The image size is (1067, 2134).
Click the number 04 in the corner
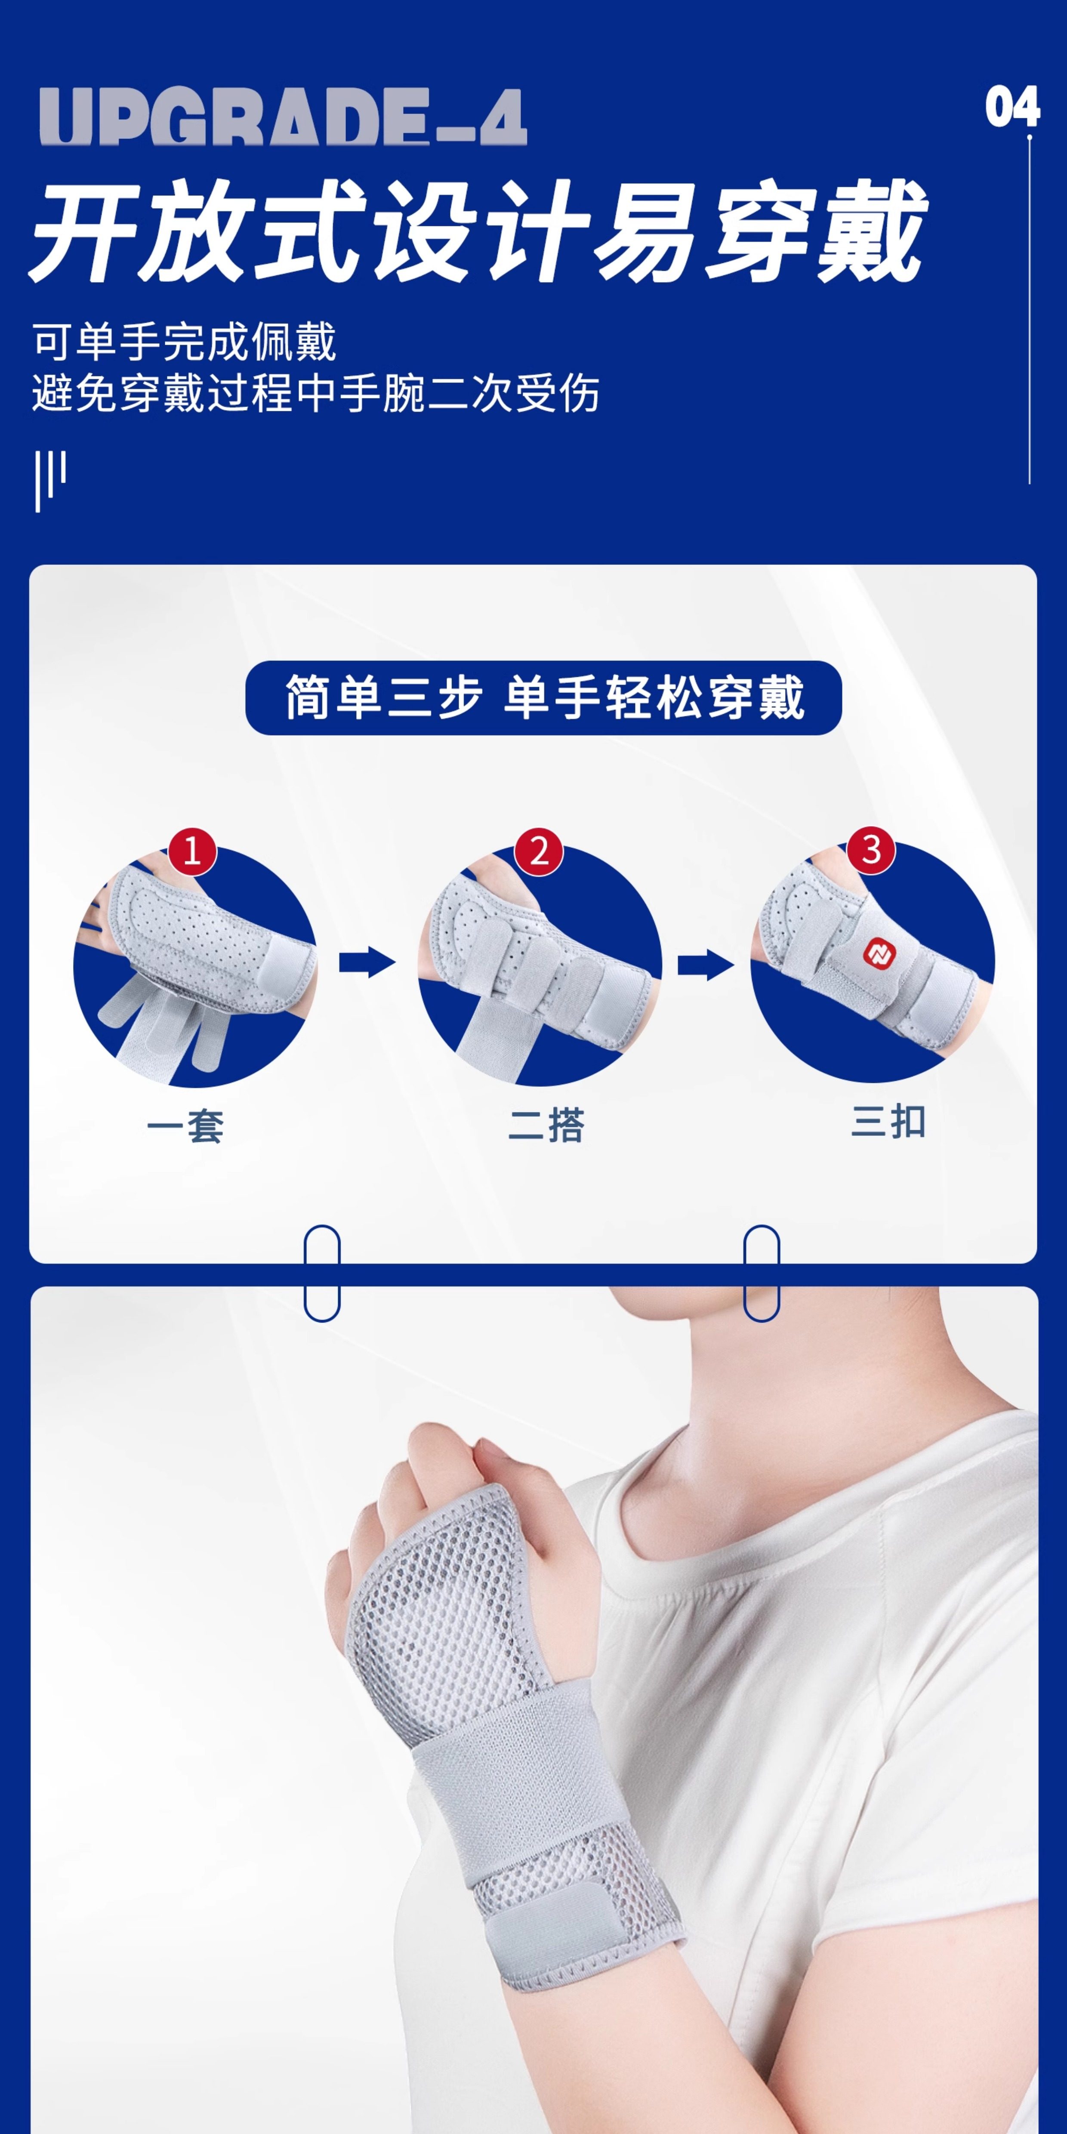[1011, 108]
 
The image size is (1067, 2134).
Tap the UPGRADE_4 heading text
[283, 117]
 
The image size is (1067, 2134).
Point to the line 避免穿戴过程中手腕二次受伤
[316, 393]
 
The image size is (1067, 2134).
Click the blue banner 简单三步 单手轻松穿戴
[543, 697]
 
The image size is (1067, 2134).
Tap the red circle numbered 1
[192, 851]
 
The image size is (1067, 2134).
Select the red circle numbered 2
[539, 851]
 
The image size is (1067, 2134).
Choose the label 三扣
[888, 1123]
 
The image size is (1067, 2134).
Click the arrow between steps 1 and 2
[367, 962]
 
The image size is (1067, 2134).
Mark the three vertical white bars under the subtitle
[50, 481]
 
